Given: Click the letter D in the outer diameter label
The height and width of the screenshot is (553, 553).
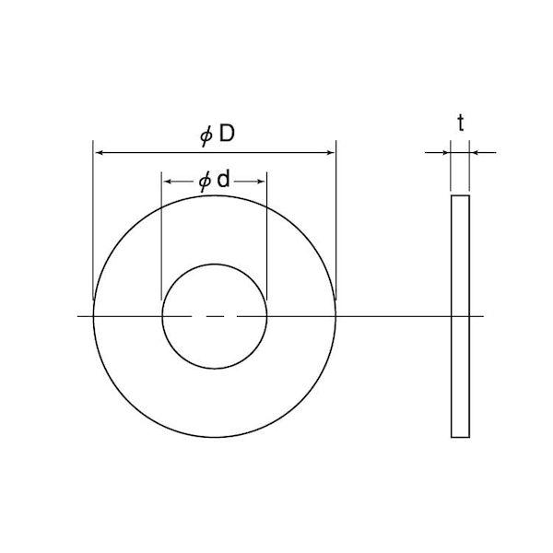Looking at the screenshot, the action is click(x=227, y=134).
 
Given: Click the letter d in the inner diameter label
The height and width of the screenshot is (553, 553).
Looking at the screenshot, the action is click(x=223, y=179).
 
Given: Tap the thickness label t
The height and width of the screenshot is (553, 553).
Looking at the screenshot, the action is click(x=461, y=124).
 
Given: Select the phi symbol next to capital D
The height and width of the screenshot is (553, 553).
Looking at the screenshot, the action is click(x=206, y=136).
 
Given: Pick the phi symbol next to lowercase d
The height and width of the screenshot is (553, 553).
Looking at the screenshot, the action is click(x=205, y=182).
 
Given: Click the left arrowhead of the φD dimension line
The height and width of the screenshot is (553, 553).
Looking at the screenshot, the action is click(x=100, y=153).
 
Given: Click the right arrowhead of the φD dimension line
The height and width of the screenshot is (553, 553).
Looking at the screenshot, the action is click(x=330, y=153).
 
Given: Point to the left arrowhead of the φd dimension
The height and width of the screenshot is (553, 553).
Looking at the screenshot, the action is click(x=168, y=182).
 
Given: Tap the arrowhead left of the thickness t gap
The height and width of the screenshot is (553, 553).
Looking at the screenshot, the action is click(x=446, y=153).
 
